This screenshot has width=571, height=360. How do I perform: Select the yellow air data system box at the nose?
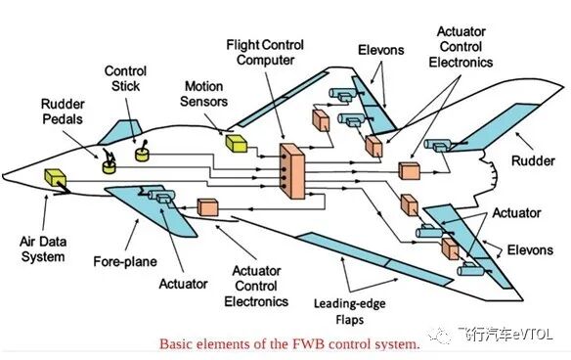[x=55, y=179]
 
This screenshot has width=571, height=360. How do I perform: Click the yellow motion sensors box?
[x=237, y=144]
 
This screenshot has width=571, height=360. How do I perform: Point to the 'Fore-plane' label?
[x=121, y=261]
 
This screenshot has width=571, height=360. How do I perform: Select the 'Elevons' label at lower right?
[x=529, y=250]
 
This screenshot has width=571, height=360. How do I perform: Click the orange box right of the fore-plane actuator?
[x=207, y=207]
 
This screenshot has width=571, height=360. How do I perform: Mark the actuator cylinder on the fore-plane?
[x=161, y=200]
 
